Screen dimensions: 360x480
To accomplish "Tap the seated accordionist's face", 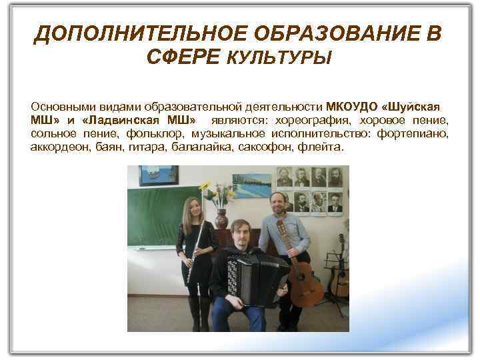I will pos(240,233).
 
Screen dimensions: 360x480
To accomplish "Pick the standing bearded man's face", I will pos(278,203).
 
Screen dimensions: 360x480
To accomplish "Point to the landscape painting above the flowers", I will pos(251,185).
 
